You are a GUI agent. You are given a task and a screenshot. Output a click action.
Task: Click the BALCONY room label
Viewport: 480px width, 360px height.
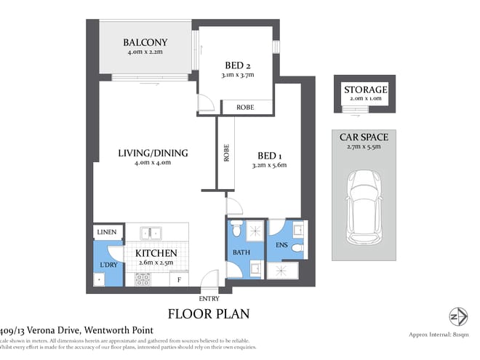(145, 42)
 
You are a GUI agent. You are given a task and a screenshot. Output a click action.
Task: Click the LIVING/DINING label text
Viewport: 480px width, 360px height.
(153, 153)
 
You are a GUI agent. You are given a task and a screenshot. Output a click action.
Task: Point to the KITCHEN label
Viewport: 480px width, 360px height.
(156, 254)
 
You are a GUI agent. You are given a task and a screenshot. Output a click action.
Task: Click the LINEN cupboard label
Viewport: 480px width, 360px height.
(105, 233)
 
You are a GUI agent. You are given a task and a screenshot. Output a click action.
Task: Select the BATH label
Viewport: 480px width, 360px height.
(241, 252)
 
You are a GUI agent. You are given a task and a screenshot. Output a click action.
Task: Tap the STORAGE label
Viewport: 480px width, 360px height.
(366, 89)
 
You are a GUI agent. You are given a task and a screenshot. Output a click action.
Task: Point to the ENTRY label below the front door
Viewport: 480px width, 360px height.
(208, 299)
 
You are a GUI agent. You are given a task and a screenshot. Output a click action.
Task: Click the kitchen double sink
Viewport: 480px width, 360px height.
(151, 233)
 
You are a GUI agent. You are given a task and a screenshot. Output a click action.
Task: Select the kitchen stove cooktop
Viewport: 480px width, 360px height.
(143, 278)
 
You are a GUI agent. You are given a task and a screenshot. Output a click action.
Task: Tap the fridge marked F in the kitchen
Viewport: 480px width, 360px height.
(178, 279)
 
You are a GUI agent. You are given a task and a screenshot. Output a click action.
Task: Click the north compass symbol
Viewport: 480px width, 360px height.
(457, 317)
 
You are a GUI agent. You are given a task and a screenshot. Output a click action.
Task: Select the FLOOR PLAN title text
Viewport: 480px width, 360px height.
(209, 314)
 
